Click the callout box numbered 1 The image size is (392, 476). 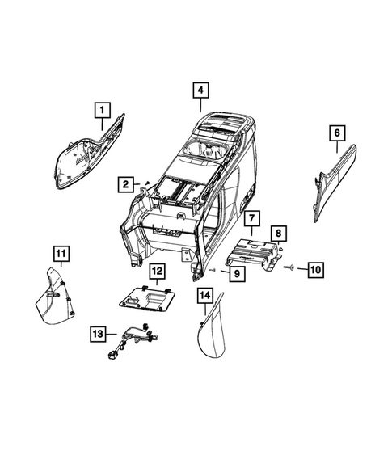point(102,107)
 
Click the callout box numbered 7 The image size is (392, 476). point(251,218)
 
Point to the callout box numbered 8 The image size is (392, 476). point(277,234)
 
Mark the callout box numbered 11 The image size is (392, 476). point(61,255)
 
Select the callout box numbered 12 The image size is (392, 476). point(156,272)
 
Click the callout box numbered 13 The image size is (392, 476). point(98,333)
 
